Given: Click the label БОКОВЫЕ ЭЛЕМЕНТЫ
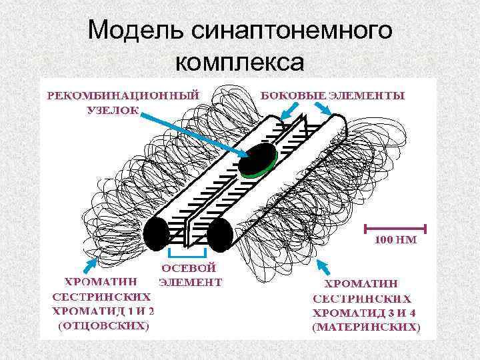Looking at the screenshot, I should pos(332,95).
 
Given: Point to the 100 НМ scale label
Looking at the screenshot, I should pos(395,240).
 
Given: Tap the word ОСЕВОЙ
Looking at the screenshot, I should pos(189,268).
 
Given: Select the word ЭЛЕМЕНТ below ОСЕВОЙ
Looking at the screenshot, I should pos(189,281).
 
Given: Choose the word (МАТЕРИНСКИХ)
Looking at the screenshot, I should pos(367,327).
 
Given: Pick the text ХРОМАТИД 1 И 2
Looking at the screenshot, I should pos(103,311).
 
